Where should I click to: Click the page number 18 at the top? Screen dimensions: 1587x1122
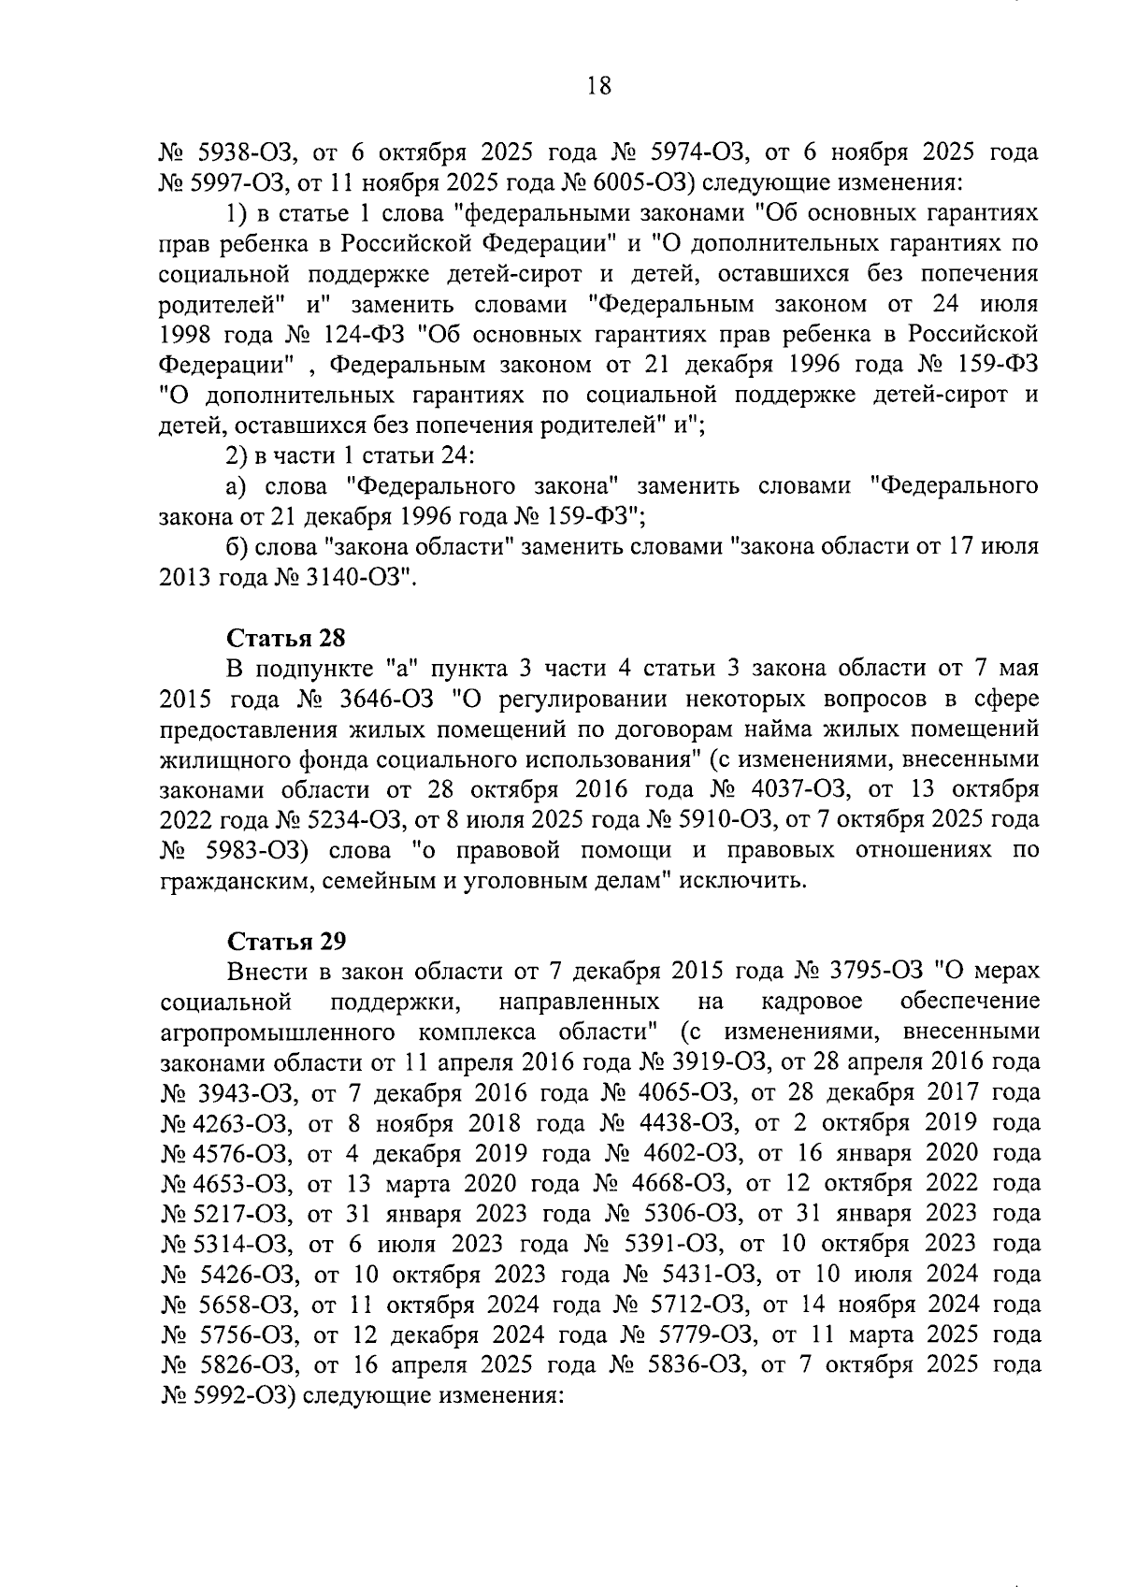[x=598, y=87]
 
